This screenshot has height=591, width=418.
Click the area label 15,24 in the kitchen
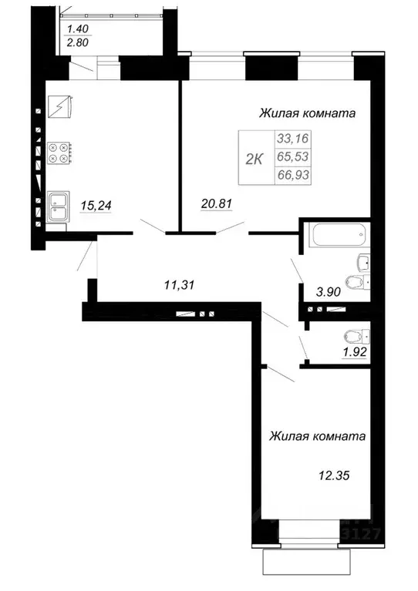pos(94,205)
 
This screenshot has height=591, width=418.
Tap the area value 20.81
pos(217,204)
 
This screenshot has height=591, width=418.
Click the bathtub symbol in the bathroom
pos(338,236)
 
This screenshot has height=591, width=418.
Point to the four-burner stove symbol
pos(59,153)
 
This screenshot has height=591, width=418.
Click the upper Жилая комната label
pos(306,114)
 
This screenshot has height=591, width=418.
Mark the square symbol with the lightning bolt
pos(59,105)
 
